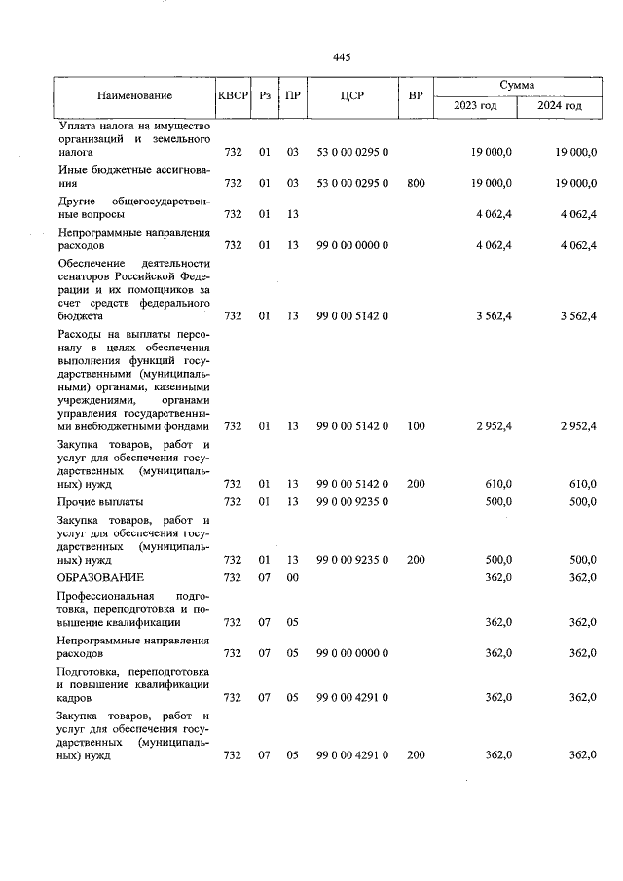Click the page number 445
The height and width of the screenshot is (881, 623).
(341, 57)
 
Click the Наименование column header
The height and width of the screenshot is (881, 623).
(134, 95)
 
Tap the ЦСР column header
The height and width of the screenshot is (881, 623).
(352, 95)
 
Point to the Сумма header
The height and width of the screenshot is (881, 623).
(517, 86)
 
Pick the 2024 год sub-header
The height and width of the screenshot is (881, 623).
(561, 105)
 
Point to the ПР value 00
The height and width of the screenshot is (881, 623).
(292, 577)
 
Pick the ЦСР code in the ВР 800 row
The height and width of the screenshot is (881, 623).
(352, 183)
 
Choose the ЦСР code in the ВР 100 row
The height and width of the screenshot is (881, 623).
(352, 425)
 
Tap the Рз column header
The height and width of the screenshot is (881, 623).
(264, 95)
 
